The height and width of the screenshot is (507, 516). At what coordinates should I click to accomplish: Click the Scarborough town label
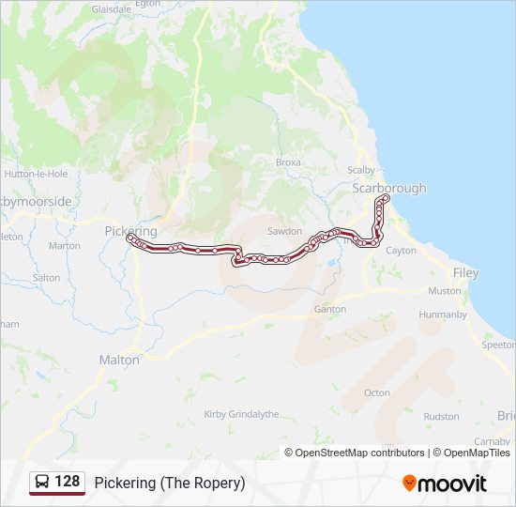point(388,189)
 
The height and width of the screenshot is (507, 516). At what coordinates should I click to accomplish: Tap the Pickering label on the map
point(130,230)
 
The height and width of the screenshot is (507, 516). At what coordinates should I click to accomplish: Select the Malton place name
point(119,360)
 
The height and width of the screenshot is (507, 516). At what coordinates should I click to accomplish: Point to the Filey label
point(465,273)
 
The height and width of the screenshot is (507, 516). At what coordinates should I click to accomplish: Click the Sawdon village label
point(284,231)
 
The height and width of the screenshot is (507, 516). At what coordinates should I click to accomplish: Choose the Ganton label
point(330,309)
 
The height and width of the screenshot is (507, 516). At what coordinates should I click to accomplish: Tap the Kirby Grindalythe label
point(241,414)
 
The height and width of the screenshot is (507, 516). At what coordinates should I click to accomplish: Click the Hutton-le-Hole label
point(36,174)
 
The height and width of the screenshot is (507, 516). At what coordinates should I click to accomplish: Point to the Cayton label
point(402,251)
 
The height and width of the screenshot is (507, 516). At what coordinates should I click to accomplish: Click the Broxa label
point(288,162)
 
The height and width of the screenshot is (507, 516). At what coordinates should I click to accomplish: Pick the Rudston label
point(441,416)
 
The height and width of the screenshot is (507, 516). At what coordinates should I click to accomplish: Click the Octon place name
point(377,392)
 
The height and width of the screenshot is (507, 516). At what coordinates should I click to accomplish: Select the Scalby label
point(361,170)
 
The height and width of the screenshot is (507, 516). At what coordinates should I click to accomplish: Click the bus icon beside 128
point(42,483)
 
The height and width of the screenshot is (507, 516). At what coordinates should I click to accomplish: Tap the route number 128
point(68,482)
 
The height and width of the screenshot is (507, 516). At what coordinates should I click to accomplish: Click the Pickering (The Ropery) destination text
point(170,483)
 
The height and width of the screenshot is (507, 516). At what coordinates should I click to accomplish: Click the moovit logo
point(445,484)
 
